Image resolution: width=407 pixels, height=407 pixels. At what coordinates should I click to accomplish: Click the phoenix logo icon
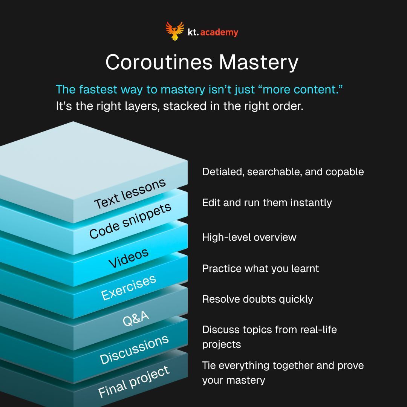tap(174, 31)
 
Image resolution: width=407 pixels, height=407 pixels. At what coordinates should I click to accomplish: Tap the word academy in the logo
tap(219, 32)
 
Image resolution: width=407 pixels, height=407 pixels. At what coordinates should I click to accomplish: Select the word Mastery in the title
tap(259, 62)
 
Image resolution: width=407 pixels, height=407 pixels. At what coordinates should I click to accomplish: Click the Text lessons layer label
tap(130, 193)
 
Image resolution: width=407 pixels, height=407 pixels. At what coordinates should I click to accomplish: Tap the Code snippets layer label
tap(130, 220)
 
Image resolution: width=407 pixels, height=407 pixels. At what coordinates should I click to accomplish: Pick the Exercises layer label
tap(129, 287)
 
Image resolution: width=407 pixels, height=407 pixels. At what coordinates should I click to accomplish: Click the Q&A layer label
tap(136, 318)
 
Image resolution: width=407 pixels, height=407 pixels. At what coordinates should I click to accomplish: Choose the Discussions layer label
tap(134, 349)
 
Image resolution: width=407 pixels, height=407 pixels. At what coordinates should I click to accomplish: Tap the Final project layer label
tap(134, 381)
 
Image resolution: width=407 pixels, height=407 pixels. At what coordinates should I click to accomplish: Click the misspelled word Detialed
tap(222, 172)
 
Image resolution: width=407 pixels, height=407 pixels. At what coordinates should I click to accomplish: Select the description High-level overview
tap(249, 237)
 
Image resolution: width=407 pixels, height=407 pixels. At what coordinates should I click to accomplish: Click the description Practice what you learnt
tap(260, 268)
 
